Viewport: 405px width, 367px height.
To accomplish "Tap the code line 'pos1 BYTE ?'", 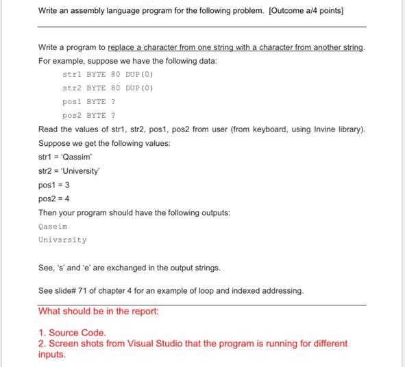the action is [x=88, y=101].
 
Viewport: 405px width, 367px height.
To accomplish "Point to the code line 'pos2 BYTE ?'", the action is [x=88, y=115].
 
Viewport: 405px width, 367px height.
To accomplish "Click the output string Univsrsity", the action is [x=62, y=240].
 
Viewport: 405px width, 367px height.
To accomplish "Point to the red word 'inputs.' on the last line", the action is [x=52, y=355].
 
